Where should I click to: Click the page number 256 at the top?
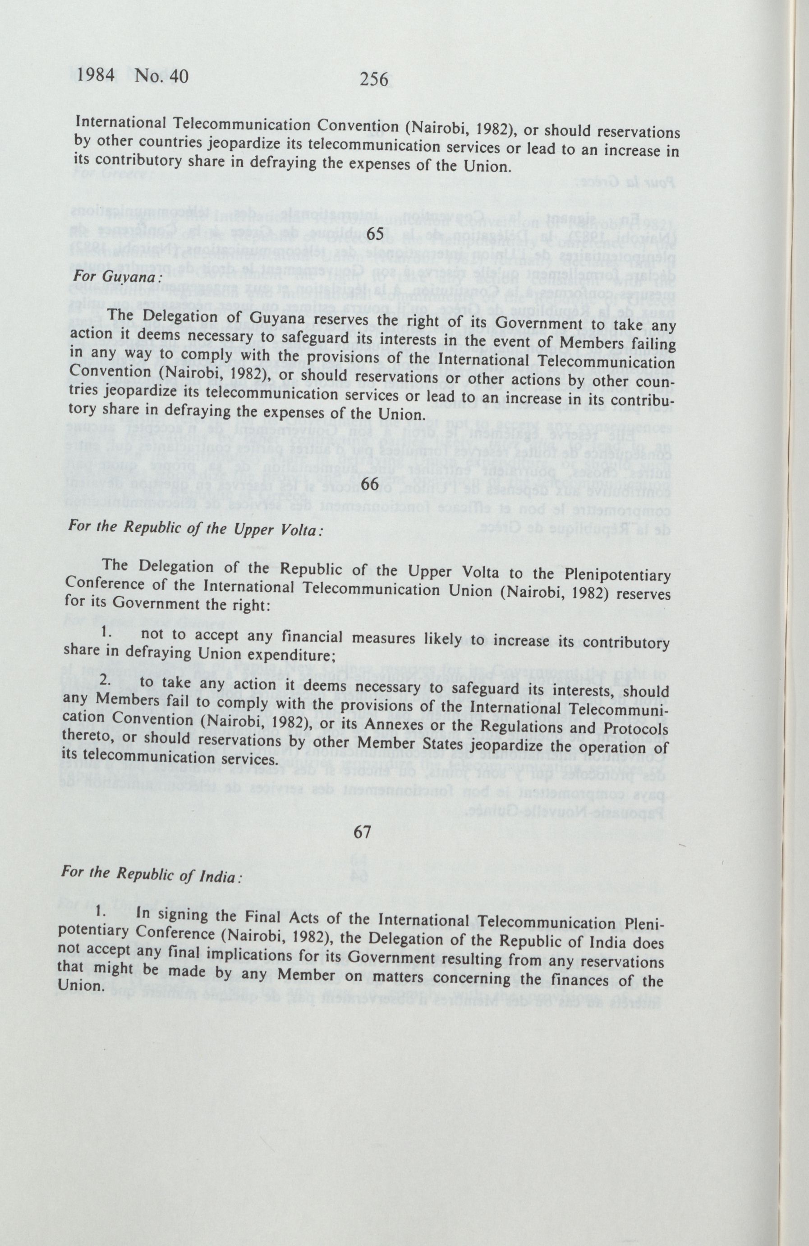tap(374, 79)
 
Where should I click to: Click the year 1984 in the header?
tap(97, 76)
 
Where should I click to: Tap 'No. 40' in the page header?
tap(161, 77)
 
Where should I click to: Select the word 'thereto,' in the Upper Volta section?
tap(83, 739)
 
